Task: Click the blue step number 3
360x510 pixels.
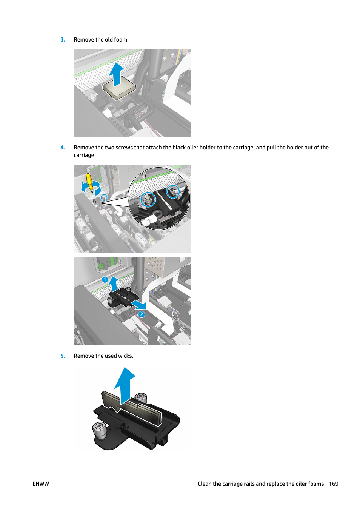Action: click(x=63, y=40)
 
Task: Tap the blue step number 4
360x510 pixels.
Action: click(x=63, y=148)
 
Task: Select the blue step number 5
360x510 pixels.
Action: click(x=63, y=356)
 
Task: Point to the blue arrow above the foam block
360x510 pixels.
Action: click(x=117, y=74)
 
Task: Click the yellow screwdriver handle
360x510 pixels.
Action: click(x=90, y=181)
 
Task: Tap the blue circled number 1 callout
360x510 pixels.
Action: click(x=105, y=279)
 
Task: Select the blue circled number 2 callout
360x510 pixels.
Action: click(x=142, y=314)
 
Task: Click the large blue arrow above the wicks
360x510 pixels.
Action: click(x=125, y=385)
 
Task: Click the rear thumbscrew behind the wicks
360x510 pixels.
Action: click(x=141, y=398)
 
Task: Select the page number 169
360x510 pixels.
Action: click(x=333, y=484)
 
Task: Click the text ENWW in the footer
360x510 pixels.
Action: click(x=41, y=484)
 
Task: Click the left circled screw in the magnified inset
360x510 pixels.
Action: click(x=148, y=200)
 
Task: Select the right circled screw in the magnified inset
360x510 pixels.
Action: click(x=173, y=192)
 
